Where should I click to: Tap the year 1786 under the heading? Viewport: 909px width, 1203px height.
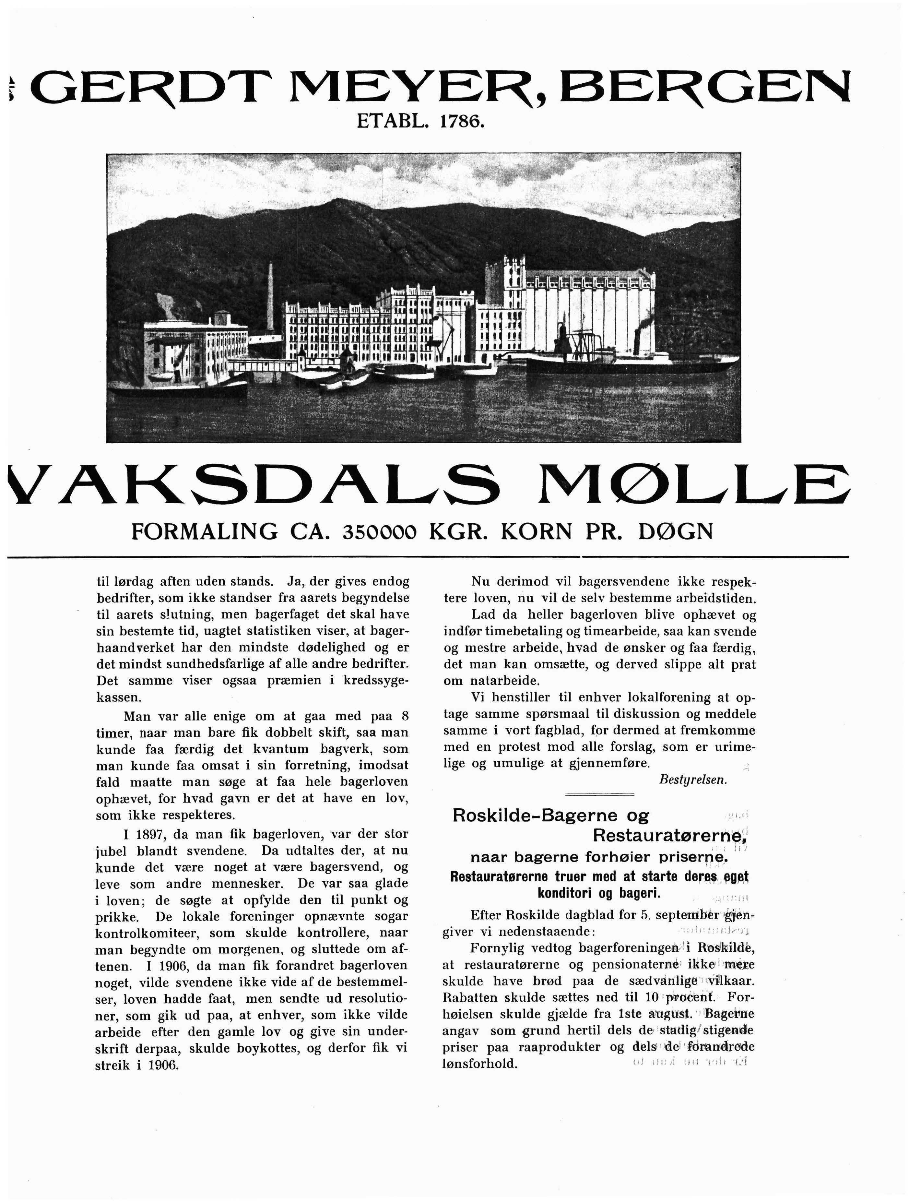(x=461, y=121)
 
